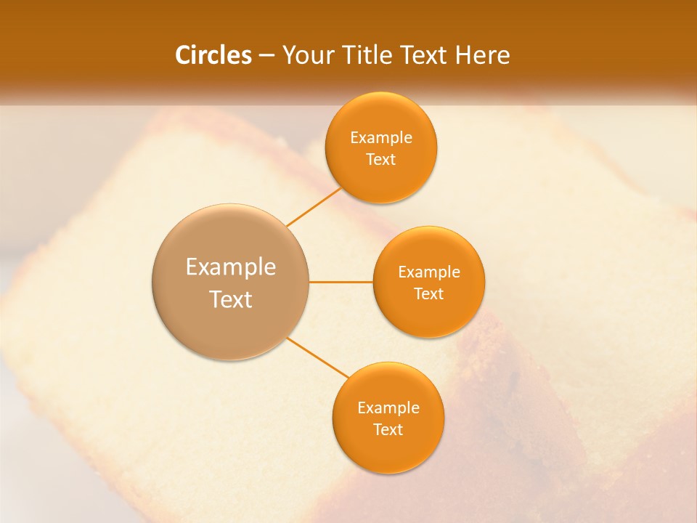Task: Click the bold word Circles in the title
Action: tap(213, 55)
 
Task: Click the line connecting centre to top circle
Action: tap(314, 207)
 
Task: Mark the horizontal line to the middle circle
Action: tap(341, 282)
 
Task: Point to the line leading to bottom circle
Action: tap(318, 358)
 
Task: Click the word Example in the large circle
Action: tap(231, 267)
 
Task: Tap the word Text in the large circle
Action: tap(231, 299)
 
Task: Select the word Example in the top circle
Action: tap(381, 138)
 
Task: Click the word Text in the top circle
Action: tap(381, 160)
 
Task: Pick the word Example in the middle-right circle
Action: tap(429, 272)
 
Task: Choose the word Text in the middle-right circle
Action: tap(429, 294)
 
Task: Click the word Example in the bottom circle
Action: tap(388, 408)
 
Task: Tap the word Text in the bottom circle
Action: tap(388, 430)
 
